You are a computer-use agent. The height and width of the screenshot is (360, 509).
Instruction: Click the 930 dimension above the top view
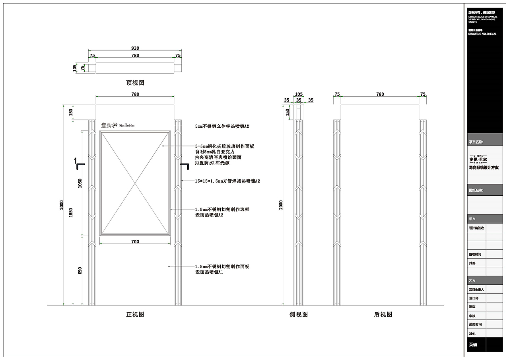point(135,48)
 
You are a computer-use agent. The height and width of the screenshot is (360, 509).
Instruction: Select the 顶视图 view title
point(135,83)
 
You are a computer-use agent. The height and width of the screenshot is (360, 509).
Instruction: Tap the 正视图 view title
point(135,314)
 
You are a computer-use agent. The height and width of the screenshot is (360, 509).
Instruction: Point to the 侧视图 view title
point(299,314)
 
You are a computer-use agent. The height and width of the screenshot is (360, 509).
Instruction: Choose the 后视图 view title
point(383,314)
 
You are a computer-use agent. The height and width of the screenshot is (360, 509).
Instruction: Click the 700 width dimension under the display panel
point(135,241)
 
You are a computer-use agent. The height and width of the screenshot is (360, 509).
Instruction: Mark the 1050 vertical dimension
point(80,183)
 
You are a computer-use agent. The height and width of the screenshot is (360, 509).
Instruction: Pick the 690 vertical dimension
point(80,270)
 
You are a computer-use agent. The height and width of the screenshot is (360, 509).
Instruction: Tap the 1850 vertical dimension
point(71,213)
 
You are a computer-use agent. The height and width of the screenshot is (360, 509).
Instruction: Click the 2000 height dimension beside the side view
point(281,205)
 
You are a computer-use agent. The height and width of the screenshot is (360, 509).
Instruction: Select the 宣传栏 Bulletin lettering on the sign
point(118,125)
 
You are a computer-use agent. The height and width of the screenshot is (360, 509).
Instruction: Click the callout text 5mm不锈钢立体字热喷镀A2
point(222,126)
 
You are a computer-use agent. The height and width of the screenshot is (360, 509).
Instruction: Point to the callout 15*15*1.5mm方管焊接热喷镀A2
point(227,181)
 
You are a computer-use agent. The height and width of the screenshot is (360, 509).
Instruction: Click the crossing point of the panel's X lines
point(135,183)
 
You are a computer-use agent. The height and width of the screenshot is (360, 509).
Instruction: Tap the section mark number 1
point(75,160)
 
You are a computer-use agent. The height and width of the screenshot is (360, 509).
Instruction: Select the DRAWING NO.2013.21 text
point(482,34)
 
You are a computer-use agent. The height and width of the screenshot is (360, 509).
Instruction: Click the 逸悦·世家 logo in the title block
point(478,159)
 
